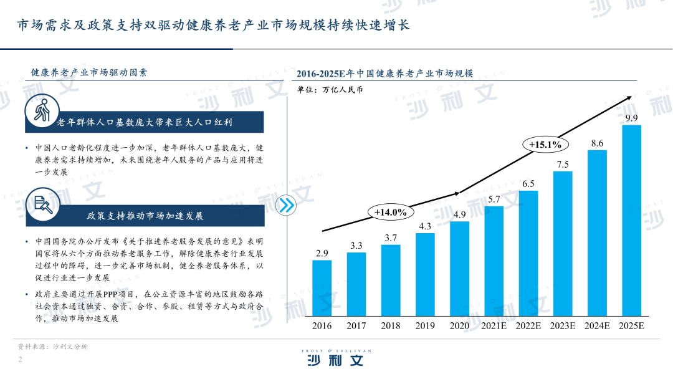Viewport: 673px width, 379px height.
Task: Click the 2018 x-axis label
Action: [x=391, y=325]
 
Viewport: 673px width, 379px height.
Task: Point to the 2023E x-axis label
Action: [x=563, y=325]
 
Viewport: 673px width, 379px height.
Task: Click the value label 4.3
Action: [x=425, y=226]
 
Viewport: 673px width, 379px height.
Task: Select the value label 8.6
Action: [x=597, y=143]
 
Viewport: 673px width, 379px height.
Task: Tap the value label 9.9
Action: [x=631, y=118]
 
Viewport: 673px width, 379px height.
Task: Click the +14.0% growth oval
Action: [x=391, y=212]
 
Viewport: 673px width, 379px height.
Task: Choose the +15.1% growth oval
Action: [x=546, y=145]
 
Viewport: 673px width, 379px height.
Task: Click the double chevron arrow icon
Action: [x=286, y=205]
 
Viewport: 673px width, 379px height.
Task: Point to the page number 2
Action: [x=21, y=360]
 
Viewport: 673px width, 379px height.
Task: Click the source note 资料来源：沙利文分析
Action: [x=52, y=347]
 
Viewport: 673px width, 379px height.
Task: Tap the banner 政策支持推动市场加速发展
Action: [x=145, y=216]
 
